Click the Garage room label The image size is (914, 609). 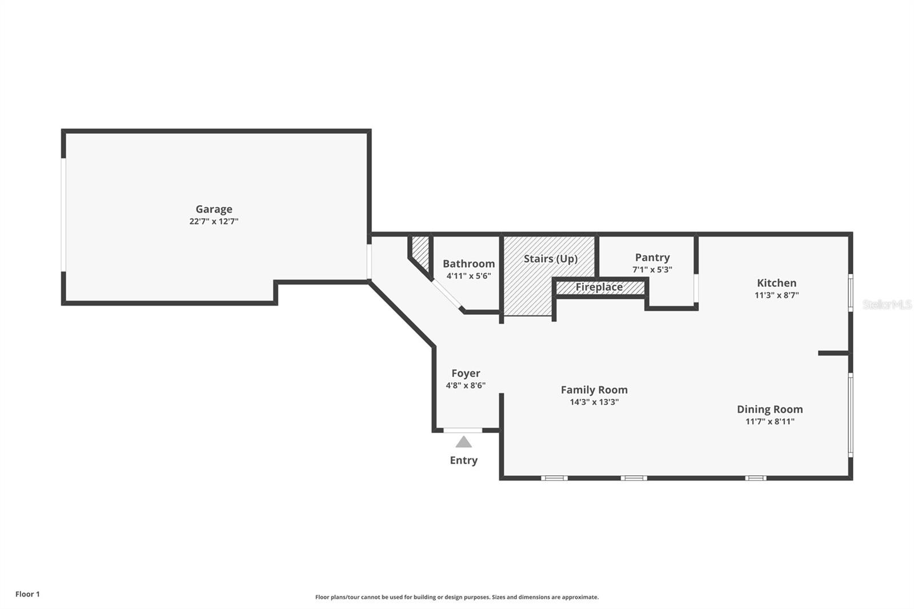[x=214, y=209]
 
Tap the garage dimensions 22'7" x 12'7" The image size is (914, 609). [x=214, y=222]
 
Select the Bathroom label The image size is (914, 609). [x=468, y=263]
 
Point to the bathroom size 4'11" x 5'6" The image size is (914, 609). [x=468, y=276]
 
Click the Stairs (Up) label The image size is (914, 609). [x=551, y=259]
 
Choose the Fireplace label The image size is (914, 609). [x=599, y=287]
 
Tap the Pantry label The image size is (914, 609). [x=652, y=258]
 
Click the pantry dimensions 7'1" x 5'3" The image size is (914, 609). [x=652, y=270]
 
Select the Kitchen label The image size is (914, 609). [x=776, y=283]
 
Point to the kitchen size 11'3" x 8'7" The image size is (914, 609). [x=776, y=295]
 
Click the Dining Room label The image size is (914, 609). [x=769, y=409]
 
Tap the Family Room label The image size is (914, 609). [x=594, y=390]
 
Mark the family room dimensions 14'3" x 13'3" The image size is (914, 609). [x=594, y=402]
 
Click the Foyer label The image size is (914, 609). [x=466, y=373]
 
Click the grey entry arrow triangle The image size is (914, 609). [x=463, y=442]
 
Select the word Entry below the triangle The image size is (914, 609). [x=463, y=460]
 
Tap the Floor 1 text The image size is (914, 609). [x=27, y=594]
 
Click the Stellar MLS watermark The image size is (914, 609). [x=887, y=305]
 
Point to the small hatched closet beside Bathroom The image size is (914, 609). [x=420, y=251]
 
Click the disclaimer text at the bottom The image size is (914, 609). [x=457, y=597]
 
